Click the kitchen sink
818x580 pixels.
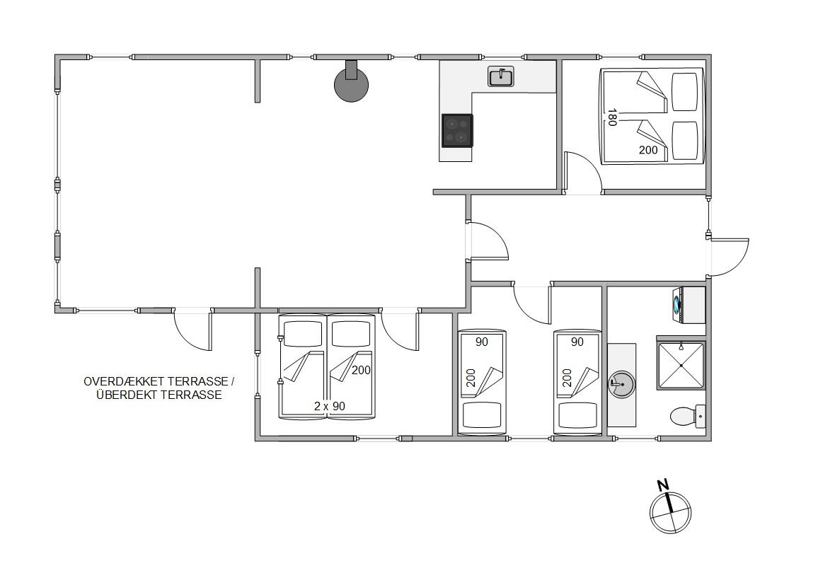pyautogui.click(x=501, y=76)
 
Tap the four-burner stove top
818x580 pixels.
pyautogui.click(x=458, y=130)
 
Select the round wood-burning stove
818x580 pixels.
pyautogui.click(x=351, y=83)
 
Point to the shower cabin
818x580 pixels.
pyautogui.click(x=681, y=365)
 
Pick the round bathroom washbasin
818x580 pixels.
pyautogui.click(x=621, y=385)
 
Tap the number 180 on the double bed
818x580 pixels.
pyautogui.click(x=612, y=117)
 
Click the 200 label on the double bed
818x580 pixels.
pyautogui.click(x=648, y=150)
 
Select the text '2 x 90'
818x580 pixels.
pyautogui.click(x=330, y=406)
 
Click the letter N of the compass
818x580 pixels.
pyautogui.click(x=662, y=485)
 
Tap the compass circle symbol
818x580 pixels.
pyautogui.click(x=670, y=512)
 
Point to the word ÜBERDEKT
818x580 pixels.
pyautogui.click(x=127, y=395)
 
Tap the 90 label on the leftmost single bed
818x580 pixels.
pyautogui.click(x=481, y=342)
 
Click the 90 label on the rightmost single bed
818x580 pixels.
pyautogui.click(x=577, y=342)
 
